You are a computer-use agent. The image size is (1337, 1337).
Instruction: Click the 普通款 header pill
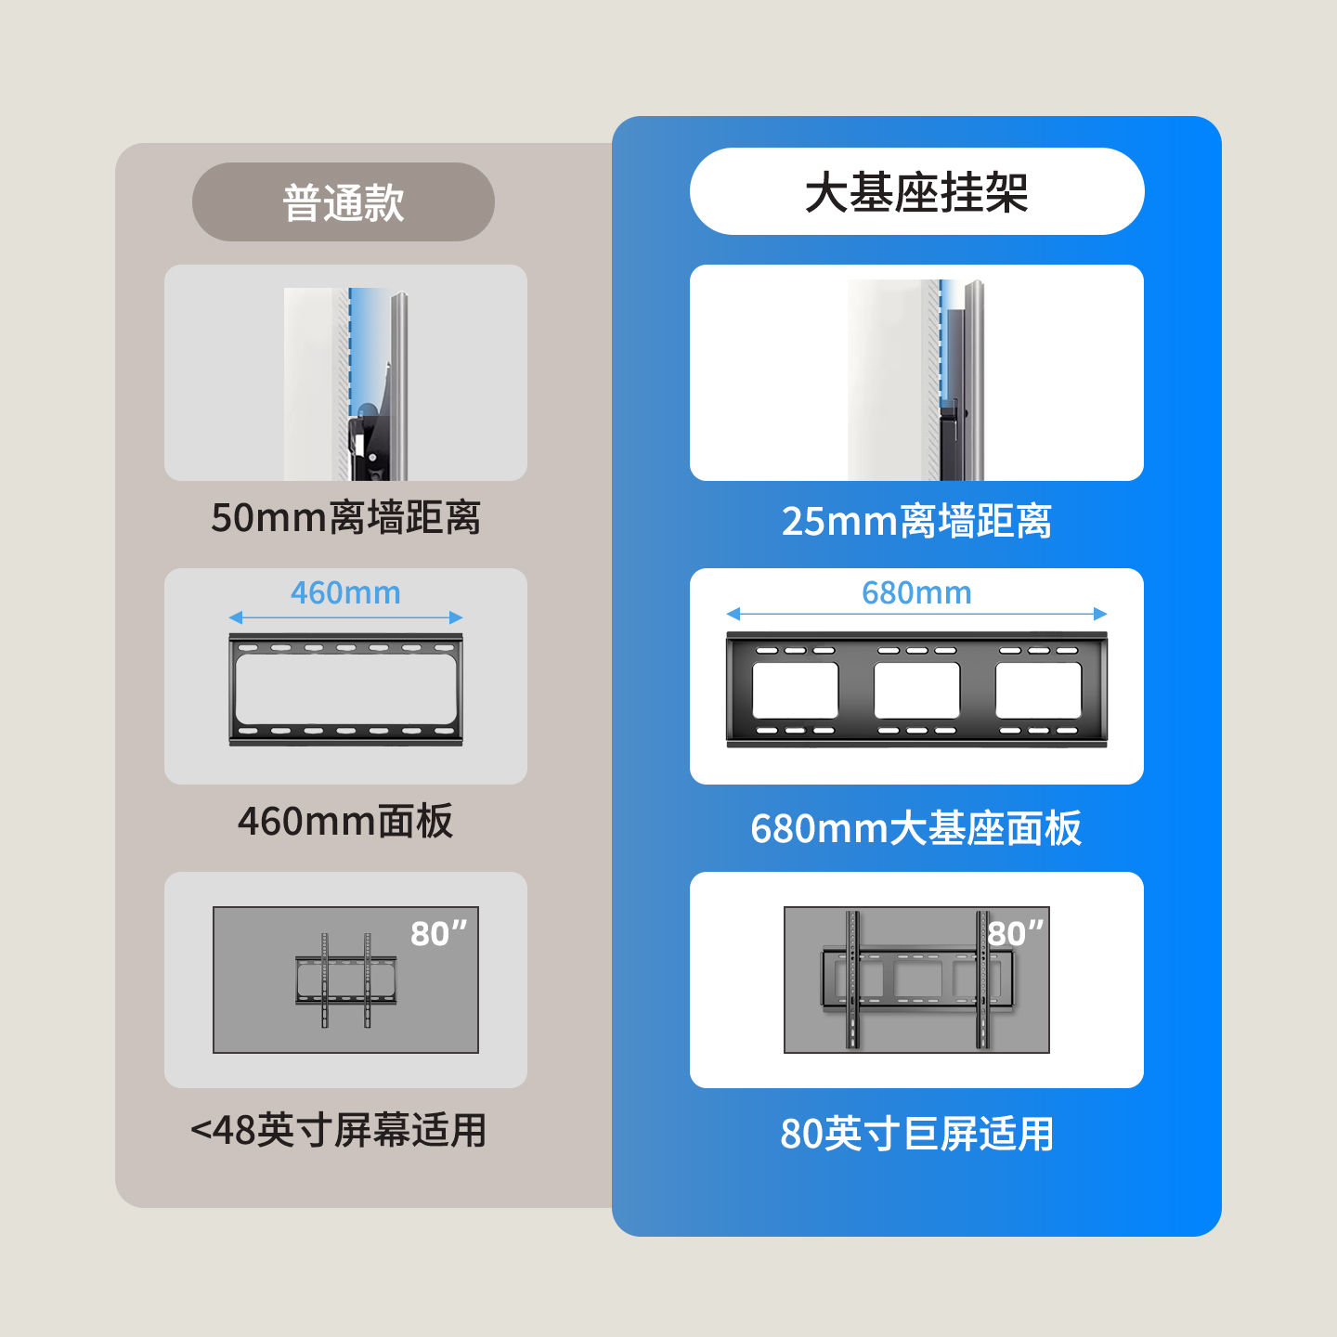[343, 202]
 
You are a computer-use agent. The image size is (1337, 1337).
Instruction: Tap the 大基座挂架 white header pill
[916, 192]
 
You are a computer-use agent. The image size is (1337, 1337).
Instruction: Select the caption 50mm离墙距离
[345, 518]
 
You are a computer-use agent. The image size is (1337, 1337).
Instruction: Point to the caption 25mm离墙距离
[916, 522]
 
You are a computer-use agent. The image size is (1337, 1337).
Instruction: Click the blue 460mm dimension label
[345, 592]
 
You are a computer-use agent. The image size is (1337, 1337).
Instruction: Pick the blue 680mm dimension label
[916, 592]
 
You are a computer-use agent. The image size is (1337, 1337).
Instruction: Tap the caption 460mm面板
[345, 822]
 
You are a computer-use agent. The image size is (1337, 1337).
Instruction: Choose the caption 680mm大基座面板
[916, 828]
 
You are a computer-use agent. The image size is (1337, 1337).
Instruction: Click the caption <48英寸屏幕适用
[339, 1131]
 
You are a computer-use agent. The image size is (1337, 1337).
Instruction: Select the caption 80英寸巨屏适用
[916, 1134]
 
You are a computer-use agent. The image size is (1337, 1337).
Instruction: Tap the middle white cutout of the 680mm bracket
[916, 690]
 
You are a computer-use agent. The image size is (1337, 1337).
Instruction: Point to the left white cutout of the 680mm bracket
[795, 690]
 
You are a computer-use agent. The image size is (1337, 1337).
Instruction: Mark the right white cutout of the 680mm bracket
[1038, 690]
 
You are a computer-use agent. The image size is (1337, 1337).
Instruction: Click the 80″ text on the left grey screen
[438, 933]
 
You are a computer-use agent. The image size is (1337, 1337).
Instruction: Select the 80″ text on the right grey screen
[1016, 933]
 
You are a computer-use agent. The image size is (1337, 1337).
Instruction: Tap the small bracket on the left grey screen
[345, 980]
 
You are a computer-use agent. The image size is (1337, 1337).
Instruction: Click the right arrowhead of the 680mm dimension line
[1100, 614]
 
